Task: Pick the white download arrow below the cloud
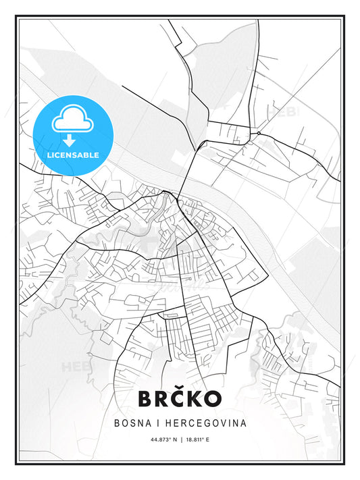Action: (x=69, y=140)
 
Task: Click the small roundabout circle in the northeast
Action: (x=259, y=133)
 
